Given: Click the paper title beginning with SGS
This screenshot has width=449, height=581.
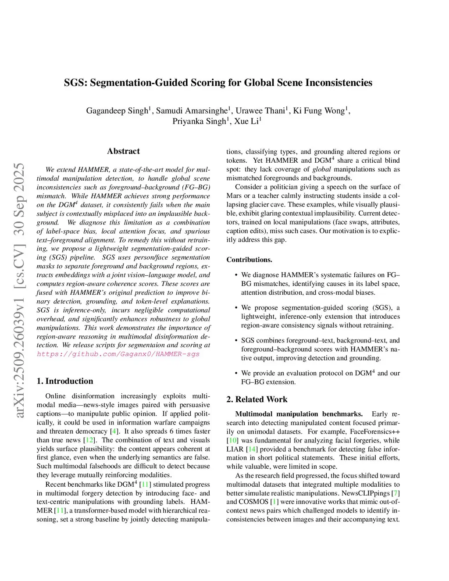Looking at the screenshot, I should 218,82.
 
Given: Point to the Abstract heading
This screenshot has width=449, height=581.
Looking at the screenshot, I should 123,151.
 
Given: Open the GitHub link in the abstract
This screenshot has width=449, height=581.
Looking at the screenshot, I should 118,354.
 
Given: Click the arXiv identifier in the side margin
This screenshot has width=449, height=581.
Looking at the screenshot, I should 19,289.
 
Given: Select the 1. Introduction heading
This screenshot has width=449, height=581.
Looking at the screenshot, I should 65,381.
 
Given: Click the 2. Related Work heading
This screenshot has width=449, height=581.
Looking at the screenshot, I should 257,399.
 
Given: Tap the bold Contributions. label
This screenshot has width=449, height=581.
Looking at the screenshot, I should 249,260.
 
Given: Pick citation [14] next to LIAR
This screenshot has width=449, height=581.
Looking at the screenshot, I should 252,449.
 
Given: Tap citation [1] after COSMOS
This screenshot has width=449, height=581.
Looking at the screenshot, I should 274,502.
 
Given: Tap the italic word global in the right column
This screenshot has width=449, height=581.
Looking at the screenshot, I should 321,169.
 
